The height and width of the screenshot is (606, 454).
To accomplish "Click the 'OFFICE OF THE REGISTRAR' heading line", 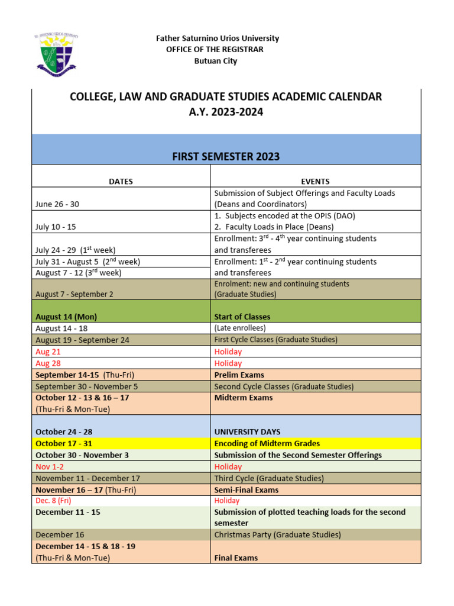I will click(x=215, y=50).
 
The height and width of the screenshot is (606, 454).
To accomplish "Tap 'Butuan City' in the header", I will click(x=216, y=61).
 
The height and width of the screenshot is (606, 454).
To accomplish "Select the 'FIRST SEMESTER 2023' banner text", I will click(x=226, y=157).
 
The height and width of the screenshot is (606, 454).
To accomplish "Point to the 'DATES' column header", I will click(x=121, y=182).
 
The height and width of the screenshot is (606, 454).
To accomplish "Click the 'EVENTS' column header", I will click(x=315, y=182).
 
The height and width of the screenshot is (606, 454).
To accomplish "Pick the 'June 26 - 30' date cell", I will click(x=57, y=204).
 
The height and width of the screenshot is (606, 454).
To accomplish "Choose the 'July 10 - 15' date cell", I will click(x=56, y=227).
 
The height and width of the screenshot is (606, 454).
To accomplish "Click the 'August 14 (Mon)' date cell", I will click(x=66, y=317).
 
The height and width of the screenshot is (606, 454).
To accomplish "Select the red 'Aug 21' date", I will click(x=48, y=352).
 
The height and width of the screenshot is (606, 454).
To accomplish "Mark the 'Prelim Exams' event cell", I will click(x=239, y=375).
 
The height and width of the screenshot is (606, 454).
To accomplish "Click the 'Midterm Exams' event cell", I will click(x=244, y=398).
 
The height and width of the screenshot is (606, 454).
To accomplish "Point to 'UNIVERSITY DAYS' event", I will click(x=247, y=432).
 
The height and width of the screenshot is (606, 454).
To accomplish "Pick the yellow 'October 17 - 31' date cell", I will click(x=64, y=443).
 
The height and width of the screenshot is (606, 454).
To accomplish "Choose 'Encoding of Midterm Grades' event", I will click(x=267, y=443).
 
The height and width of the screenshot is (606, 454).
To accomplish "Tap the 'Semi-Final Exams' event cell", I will click(x=246, y=490).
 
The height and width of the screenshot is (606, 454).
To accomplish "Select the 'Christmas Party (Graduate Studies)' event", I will click(x=277, y=534).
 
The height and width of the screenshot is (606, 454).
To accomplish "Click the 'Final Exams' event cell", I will click(x=236, y=557).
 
